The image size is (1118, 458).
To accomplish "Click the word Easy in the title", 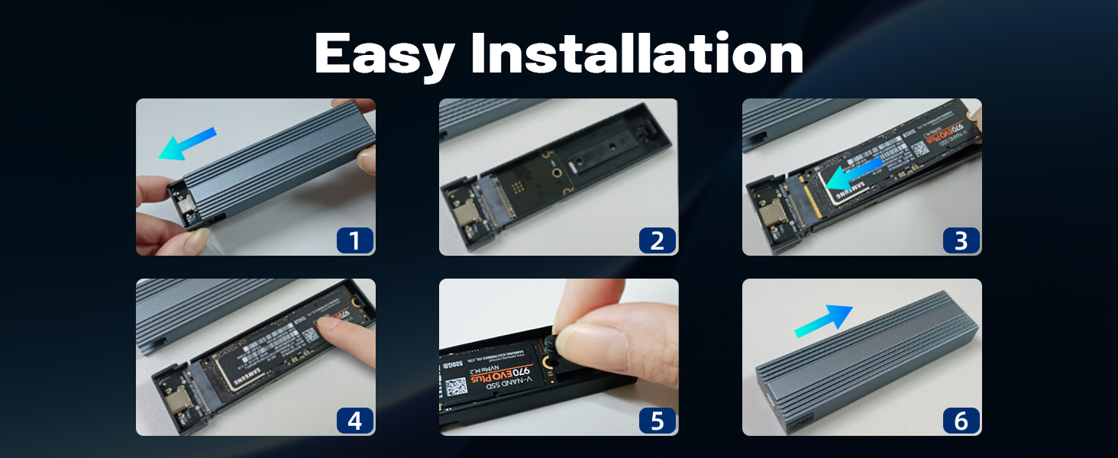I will coord(384,54).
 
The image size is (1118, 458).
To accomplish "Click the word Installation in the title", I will coord(637,54).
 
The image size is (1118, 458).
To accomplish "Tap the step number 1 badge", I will coord(354,240).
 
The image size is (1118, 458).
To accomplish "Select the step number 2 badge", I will coord(658,240).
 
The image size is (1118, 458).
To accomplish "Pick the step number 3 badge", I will coord(961,240).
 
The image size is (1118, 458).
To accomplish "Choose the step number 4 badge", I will coord(354,421).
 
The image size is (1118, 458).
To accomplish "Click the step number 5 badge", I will coord(658,421).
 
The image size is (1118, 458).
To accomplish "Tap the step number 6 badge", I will coord(961,421).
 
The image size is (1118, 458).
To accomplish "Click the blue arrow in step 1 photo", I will coord(186,144).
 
